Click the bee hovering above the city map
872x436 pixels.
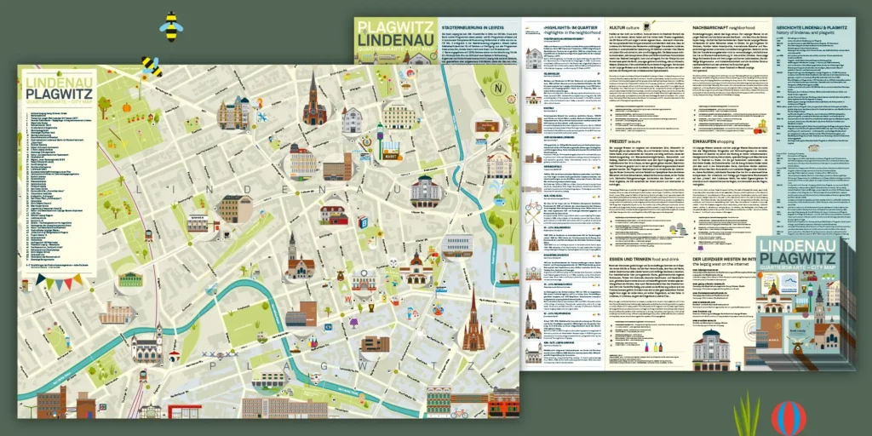coord(171,26)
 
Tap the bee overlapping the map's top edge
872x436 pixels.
coord(151,66)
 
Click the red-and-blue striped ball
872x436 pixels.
coord(788,417)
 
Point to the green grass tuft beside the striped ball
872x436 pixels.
coord(747,416)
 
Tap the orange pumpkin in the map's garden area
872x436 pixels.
coord(126,108)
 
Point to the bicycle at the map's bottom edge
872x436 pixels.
coord(459,413)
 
